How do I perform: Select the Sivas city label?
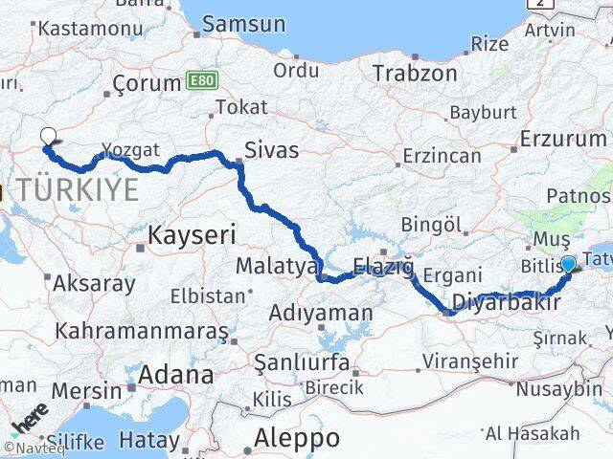pos(271,150)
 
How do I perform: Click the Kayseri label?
pos(192,232)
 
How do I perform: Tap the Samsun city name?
pos(243,24)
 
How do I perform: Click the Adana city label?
pos(175,375)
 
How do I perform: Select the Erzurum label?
pos(563,139)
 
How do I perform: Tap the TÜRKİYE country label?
pos(77,190)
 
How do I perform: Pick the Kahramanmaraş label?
pos(142,331)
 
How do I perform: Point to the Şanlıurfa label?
pos(303,362)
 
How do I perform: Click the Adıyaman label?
pos(321,313)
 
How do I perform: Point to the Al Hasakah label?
pos(533,433)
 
